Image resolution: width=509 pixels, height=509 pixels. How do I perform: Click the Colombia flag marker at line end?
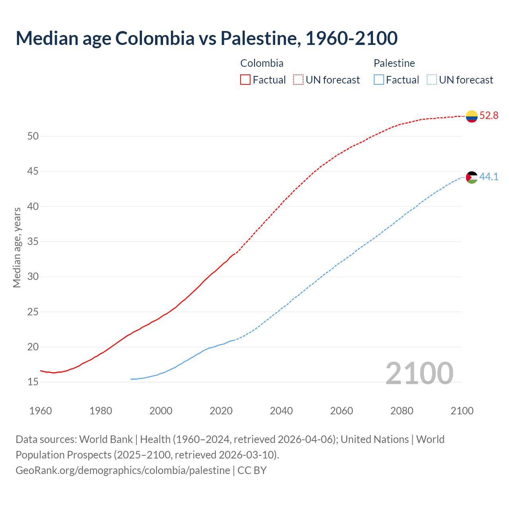(472, 116)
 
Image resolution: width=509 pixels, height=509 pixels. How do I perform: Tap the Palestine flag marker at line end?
(472, 177)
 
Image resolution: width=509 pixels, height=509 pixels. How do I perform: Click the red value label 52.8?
(489, 116)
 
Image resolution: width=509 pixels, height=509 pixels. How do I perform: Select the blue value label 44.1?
(489, 177)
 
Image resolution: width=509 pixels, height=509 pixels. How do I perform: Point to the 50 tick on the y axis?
(33, 136)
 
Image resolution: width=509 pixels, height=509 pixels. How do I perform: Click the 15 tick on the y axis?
(33, 382)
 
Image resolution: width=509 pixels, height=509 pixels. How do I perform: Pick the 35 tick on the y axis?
(33, 242)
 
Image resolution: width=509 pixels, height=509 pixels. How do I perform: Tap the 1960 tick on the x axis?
(41, 411)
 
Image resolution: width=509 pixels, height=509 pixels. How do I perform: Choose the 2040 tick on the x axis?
(281, 411)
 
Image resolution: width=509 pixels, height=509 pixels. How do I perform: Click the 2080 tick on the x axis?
(402, 411)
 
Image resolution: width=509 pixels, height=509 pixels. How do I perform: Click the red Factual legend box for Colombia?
(245, 80)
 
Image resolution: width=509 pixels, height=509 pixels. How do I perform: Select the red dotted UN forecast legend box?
(298, 80)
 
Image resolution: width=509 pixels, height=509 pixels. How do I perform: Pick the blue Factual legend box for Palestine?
(379, 80)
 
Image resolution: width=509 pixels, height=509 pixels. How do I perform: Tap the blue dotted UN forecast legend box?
(431, 80)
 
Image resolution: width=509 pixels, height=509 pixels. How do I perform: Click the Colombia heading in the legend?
(262, 63)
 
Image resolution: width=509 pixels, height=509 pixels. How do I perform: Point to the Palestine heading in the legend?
(394, 63)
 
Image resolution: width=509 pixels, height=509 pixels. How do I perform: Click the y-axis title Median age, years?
(17, 247)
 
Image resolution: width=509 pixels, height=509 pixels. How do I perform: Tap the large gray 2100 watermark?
(419, 373)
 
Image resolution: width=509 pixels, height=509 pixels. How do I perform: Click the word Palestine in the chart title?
(260, 38)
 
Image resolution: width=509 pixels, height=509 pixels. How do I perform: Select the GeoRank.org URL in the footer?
(122, 470)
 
